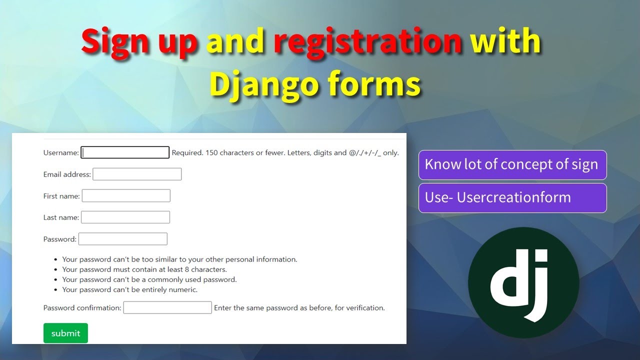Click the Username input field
[125, 152]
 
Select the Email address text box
[137, 174]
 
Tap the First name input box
[126, 196]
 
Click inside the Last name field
[125, 217]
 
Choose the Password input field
[123, 239]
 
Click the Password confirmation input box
[167, 308]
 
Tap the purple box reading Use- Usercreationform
[512, 197]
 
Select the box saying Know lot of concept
[512, 164]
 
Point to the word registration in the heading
[367, 41]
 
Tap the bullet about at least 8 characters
[144, 269]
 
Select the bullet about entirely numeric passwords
[130, 289]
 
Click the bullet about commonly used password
[149, 279]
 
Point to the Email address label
[67, 174]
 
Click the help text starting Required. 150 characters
[285, 153]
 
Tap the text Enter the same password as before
[299, 308]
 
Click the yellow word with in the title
[505, 41]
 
